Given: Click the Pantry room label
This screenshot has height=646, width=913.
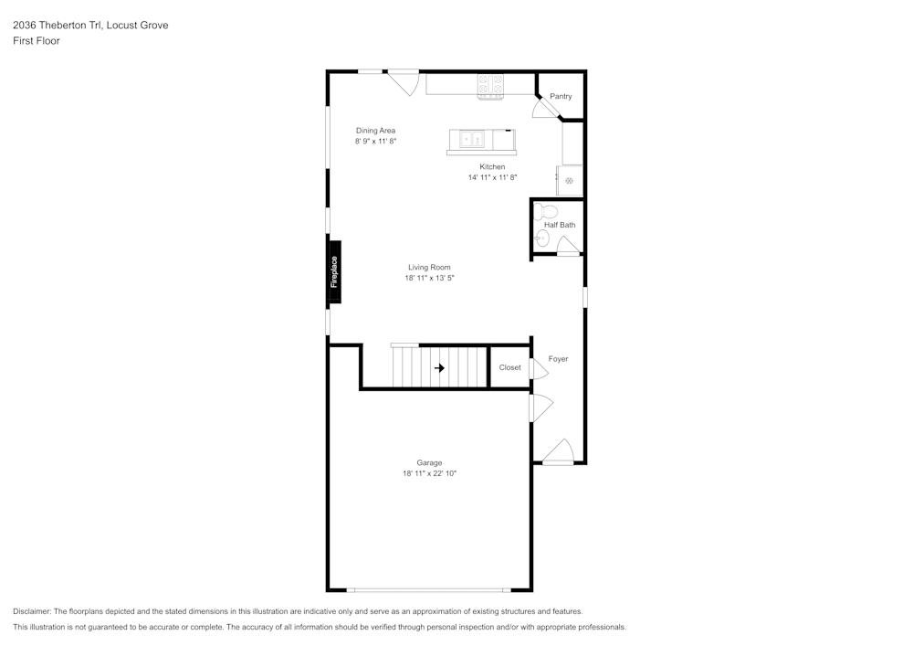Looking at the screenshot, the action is [561, 96].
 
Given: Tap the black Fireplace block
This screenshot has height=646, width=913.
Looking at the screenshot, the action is [334, 272].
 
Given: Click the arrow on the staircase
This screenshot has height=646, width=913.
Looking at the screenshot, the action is [440, 368].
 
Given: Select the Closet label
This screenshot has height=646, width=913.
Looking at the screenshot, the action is [510, 367].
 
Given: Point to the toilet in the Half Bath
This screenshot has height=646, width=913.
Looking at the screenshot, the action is [545, 211].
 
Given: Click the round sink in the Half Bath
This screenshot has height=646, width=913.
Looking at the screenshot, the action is [542, 238].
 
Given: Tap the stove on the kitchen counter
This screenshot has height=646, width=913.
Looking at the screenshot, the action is [491, 86].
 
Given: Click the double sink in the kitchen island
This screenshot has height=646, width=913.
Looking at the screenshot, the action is [472, 139].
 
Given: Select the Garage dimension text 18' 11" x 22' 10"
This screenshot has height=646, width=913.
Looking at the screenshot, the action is [430, 473].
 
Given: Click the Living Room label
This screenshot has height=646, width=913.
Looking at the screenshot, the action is [429, 268].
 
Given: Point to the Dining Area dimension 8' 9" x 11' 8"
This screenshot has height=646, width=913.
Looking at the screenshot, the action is [375, 141].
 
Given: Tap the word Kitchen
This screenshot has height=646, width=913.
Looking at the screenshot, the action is [492, 166].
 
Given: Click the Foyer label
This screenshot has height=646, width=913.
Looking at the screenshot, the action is [558, 359].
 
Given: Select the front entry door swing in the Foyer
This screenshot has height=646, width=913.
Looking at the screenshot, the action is [559, 452].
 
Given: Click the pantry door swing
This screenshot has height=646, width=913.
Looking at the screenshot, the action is [545, 109].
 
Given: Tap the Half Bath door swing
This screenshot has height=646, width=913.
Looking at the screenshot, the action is [568, 245].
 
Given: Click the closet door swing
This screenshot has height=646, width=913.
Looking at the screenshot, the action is [539, 369].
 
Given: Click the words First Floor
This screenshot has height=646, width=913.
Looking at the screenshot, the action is [37, 41].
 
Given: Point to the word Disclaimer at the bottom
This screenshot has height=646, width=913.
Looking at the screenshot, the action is [31, 611].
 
